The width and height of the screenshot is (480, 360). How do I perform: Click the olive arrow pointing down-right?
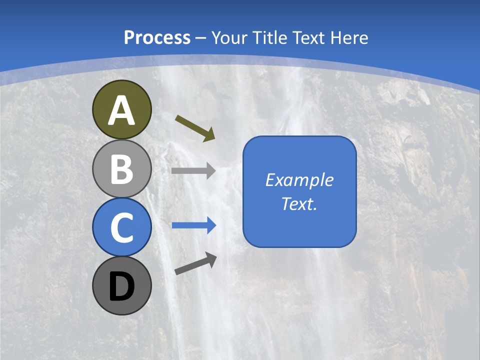pyautogui.click(x=195, y=128)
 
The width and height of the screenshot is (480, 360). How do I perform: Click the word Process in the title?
pyautogui.click(x=157, y=37)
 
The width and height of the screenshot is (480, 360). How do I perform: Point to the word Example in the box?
pyautogui.click(x=299, y=180)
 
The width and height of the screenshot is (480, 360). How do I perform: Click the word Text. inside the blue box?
pyautogui.click(x=299, y=203)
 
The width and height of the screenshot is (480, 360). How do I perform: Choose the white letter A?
pyautogui.click(x=121, y=110)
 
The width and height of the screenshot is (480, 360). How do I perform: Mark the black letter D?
pyautogui.click(x=121, y=286)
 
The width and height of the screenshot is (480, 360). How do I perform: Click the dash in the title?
pyautogui.click(x=201, y=38)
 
